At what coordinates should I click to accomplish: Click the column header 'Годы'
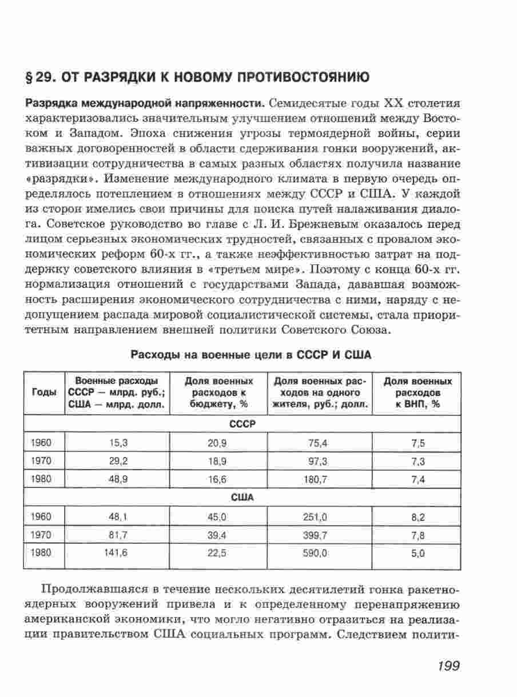coord(45,392)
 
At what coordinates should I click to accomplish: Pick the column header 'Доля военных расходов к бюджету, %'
coord(218,392)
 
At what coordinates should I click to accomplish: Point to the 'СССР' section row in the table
coord(242,424)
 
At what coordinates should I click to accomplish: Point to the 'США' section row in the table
coord(242,498)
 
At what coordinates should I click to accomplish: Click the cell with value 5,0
coord(418,553)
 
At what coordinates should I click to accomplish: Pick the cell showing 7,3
coord(418,461)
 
